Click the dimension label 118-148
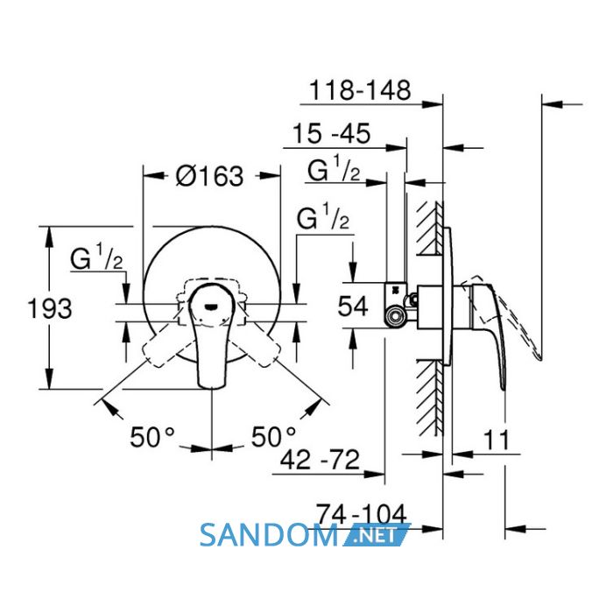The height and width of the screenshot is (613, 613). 360,90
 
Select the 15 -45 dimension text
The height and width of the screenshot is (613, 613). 332,134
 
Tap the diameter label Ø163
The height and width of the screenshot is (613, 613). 209,176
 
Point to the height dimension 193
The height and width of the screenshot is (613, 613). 50,308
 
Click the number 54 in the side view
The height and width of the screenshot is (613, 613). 353,306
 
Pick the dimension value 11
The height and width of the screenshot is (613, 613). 497,440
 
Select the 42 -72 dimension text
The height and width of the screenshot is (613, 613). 320,460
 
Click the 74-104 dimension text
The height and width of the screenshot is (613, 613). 361,514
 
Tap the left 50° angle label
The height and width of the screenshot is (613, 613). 152,437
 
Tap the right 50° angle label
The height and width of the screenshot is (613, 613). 273,437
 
